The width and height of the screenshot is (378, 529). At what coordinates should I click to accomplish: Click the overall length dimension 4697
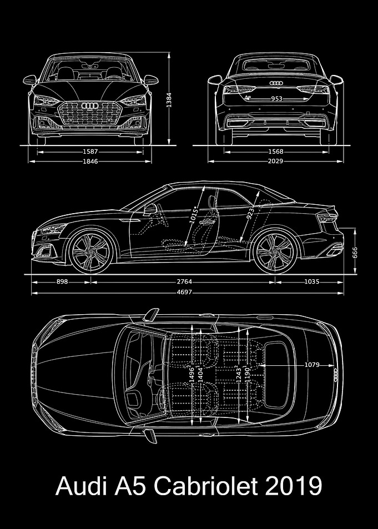pos(184,292)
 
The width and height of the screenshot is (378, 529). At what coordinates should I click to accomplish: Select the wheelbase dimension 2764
pos(184,281)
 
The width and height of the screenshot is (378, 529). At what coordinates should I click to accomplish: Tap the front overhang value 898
pos(62,281)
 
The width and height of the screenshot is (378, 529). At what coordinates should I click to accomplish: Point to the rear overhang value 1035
pos(311,281)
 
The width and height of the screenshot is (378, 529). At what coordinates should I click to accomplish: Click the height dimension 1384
pos(169,100)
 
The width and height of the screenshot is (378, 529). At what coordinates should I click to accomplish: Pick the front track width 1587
pos(90,152)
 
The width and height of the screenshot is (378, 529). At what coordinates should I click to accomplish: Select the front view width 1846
pos(90,162)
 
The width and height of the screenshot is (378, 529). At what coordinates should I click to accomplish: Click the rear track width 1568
pos(276,152)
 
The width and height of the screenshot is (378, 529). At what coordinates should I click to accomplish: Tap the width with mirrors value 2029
pos(276,162)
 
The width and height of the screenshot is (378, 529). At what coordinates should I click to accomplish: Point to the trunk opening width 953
pos(277,99)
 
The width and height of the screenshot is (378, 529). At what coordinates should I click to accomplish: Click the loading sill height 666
pos(355,251)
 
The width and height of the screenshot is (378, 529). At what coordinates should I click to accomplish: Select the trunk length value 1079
pos(312,365)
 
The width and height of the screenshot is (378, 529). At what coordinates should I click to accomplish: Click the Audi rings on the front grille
pos(90,105)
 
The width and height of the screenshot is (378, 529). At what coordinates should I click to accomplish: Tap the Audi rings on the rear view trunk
pos(276,83)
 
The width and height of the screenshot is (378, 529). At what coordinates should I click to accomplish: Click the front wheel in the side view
pos(91,251)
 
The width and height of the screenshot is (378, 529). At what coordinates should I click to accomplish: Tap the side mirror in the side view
pos(150,209)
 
